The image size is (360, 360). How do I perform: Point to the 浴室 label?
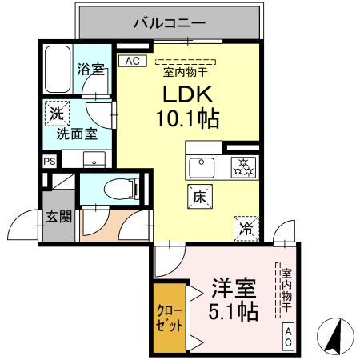(89, 70)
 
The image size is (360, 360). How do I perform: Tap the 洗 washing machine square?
(55, 113)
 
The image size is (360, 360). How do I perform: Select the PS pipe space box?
(50, 161)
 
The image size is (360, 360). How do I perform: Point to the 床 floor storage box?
(199, 194)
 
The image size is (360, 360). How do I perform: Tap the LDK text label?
(190, 94)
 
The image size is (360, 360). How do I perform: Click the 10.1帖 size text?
(190, 120)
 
